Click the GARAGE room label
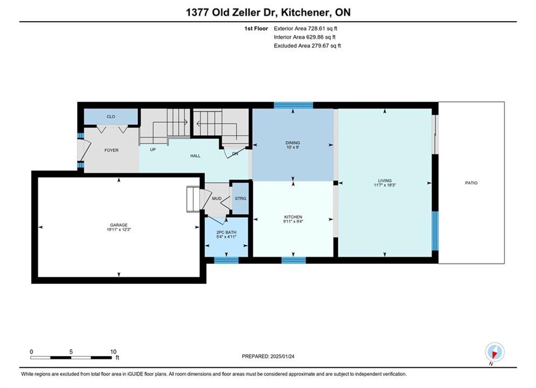(x=119, y=225)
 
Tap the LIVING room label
(x=385, y=181)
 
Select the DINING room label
(x=293, y=143)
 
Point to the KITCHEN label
(x=293, y=217)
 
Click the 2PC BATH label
(x=226, y=232)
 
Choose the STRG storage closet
(x=240, y=199)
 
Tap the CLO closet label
(x=111, y=116)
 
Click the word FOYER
(x=112, y=150)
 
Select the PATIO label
(x=471, y=183)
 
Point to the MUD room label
(x=217, y=199)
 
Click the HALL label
(x=195, y=156)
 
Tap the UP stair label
(x=153, y=150)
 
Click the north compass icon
(x=495, y=352)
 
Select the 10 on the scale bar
(x=113, y=351)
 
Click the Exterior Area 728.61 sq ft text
(x=305, y=29)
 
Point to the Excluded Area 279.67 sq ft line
(x=307, y=46)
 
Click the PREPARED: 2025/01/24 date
(x=268, y=356)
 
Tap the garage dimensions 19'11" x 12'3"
(x=119, y=230)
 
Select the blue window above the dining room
(x=293, y=105)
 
